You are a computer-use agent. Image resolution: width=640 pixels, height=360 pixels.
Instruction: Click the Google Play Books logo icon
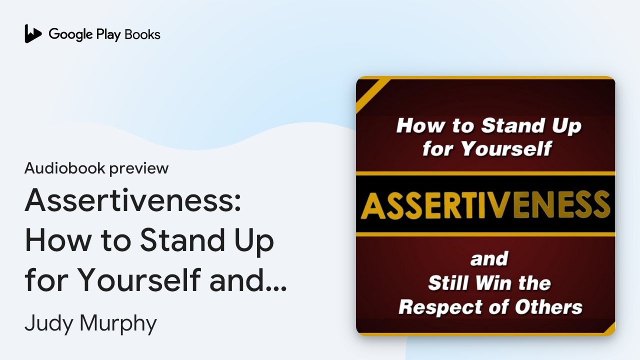pyautogui.click(x=33, y=33)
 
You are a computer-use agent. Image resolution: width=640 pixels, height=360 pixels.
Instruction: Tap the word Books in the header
pyautogui.click(x=142, y=34)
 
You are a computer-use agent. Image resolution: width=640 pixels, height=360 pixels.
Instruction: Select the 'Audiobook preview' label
pyautogui.click(x=96, y=168)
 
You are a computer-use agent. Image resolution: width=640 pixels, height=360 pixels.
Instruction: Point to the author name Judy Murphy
pyautogui.click(x=90, y=323)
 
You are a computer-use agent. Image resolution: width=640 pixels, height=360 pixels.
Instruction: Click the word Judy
pyautogui.click(x=47, y=323)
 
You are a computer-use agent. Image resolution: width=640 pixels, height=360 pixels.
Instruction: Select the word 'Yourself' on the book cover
pyautogui.click(x=505, y=148)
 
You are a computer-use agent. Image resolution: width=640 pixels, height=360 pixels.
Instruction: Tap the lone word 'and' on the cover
pyautogui.click(x=488, y=259)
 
